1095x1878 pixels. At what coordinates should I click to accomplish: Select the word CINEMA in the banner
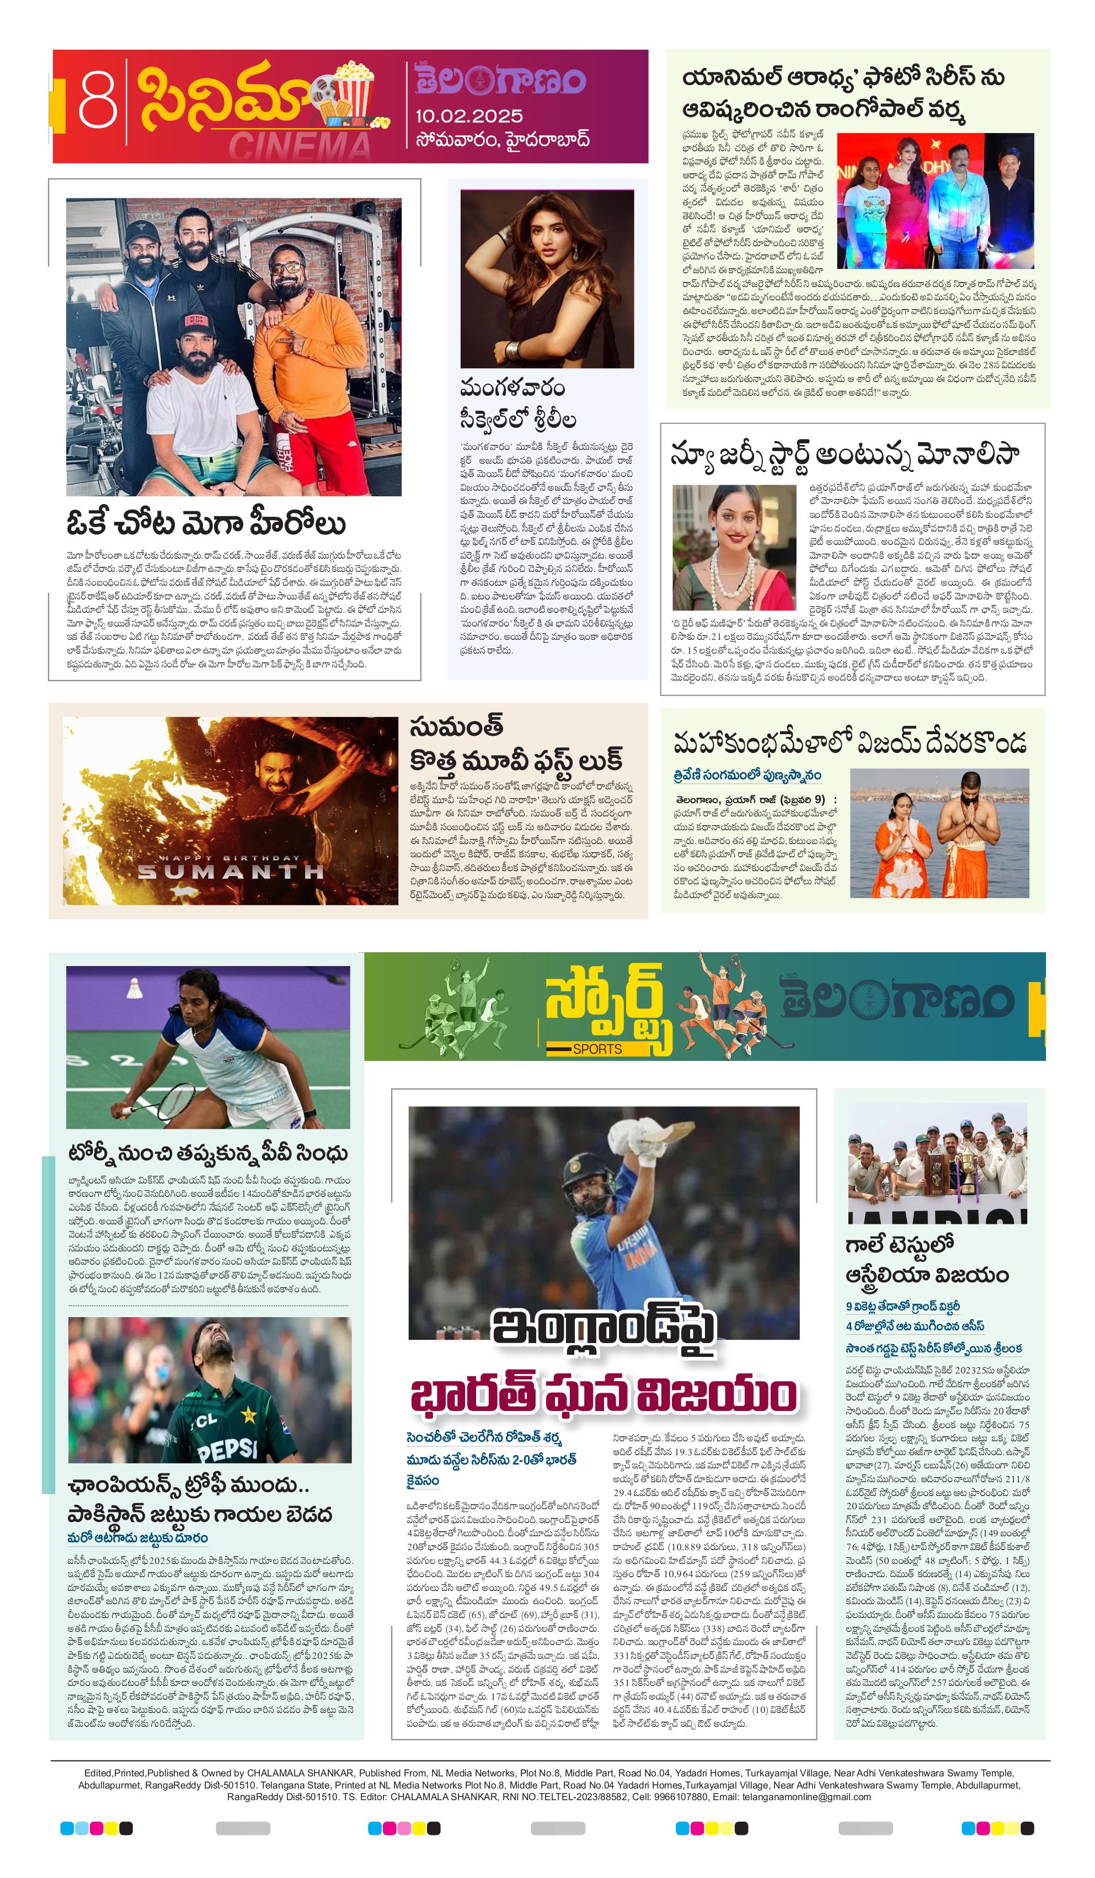click(x=298, y=147)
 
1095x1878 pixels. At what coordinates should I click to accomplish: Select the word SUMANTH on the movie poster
click(x=230, y=871)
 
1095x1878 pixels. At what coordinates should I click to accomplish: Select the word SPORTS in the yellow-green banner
click(x=597, y=1048)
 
